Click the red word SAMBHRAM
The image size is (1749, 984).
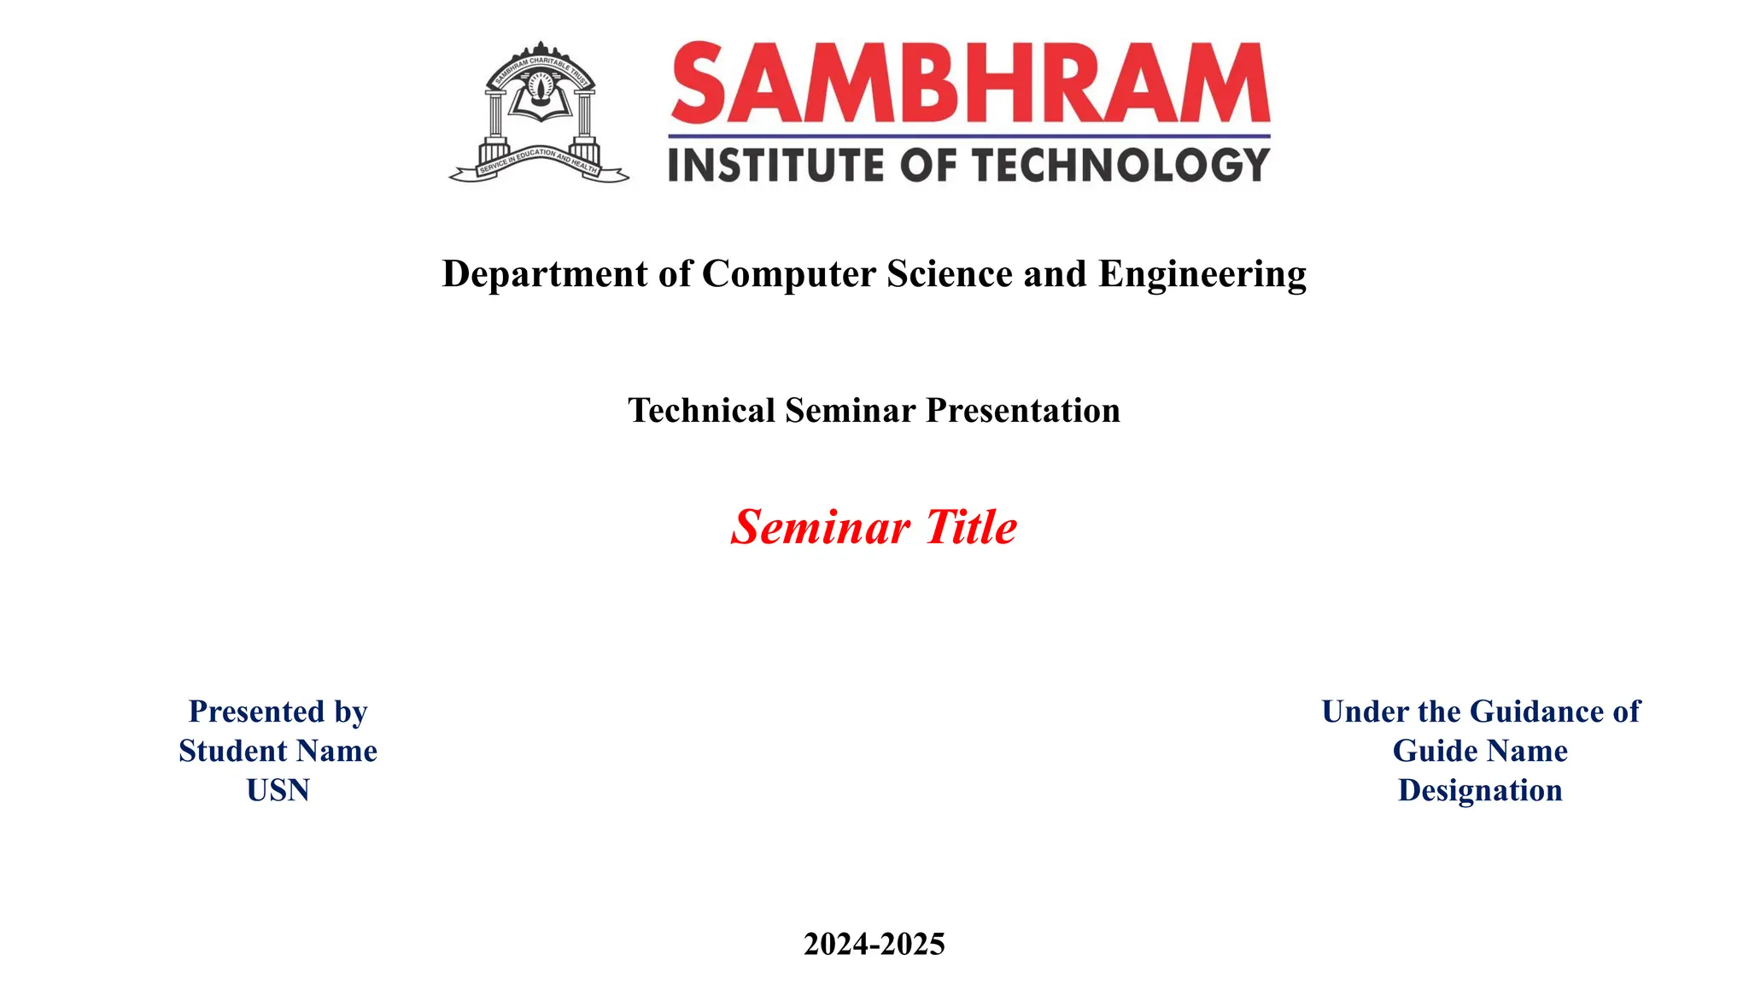click(970, 84)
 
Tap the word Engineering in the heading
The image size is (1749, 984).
click(1202, 274)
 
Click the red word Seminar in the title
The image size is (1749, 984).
click(821, 527)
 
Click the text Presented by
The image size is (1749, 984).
click(278, 712)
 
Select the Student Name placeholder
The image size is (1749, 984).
click(278, 751)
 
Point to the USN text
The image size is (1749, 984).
click(278, 790)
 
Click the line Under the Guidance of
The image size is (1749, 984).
click(1480, 712)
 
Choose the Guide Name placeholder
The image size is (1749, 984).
click(1480, 751)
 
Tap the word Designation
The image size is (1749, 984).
click(1480, 790)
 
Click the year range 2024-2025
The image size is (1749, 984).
click(874, 944)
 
